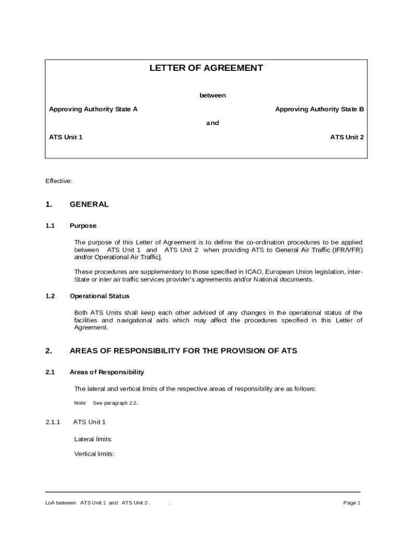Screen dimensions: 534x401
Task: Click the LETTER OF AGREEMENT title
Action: tap(206, 68)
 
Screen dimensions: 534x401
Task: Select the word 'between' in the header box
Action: tap(212, 95)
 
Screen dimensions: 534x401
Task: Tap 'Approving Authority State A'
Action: tap(93, 109)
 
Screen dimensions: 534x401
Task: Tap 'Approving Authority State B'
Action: tap(319, 109)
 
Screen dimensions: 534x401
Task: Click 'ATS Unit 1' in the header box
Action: tap(66, 137)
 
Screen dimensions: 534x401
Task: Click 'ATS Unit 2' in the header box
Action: tap(347, 137)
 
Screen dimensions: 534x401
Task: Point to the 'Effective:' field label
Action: tap(59, 181)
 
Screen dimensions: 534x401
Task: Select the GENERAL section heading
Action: tap(89, 204)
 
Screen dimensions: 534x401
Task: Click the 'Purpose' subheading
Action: tap(83, 226)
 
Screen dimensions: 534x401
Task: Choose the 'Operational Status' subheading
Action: tap(99, 296)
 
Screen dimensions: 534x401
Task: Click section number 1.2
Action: tap(50, 296)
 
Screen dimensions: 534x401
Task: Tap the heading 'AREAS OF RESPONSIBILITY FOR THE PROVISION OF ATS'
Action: tap(183, 351)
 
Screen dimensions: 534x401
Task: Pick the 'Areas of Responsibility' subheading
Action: tap(107, 372)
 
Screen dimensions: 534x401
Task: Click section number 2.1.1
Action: tap(53, 422)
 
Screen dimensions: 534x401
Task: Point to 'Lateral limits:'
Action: tap(93, 439)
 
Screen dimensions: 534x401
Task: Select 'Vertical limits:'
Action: tap(94, 454)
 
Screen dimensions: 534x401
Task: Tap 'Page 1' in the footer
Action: tap(352, 503)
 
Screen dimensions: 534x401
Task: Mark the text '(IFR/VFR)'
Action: tap(347, 250)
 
